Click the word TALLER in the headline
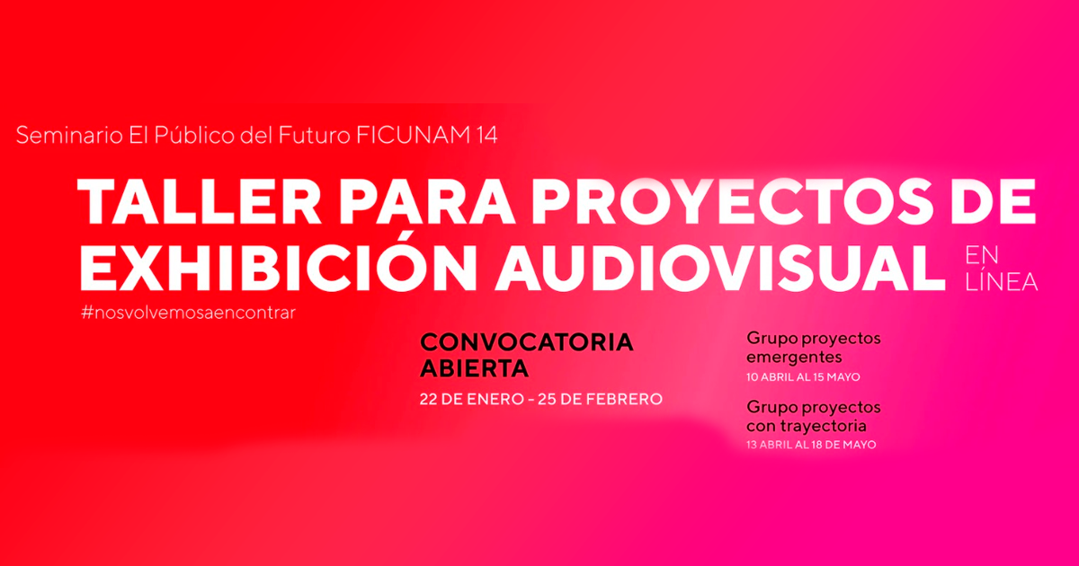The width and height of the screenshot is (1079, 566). pyautogui.click(x=199, y=201)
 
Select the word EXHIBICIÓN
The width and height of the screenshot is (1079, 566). pyautogui.click(x=278, y=268)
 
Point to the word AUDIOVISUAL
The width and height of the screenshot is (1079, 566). pyautogui.click(x=719, y=268)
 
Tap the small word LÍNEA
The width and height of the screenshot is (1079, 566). pyautogui.click(x=1002, y=282)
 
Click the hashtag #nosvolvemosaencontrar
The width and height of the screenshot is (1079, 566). pyautogui.click(x=188, y=313)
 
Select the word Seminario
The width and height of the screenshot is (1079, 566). pyautogui.click(x=69, y=136)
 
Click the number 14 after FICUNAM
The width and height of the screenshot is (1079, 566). pyautogui.click(x=486, y=136)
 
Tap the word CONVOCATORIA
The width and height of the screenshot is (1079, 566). pyautogui.click(x=527, y=342)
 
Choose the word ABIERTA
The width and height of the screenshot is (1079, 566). pyautogui.click(x=474, y=368)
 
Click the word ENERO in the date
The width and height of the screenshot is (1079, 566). pyautogui.click(x=495, y=400)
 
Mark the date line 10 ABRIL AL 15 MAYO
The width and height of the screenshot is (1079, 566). pyautogui.click(x=803, y=376)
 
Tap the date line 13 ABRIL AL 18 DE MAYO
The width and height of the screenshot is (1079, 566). pyautogui.click(x=811, y=445)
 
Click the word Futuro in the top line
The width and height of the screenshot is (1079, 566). pyautogui.click(x=314, y=136)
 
